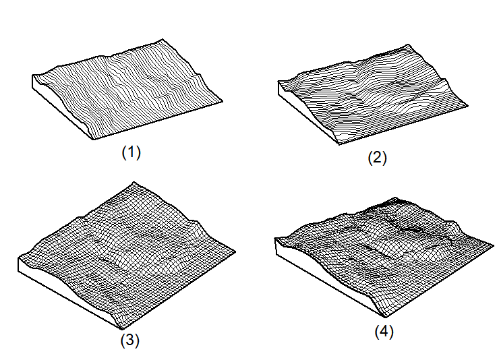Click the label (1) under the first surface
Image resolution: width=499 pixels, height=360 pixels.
pos(131,153)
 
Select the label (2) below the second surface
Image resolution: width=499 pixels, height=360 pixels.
pos(377,159)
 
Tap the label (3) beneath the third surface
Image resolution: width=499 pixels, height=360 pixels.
pos(129,340)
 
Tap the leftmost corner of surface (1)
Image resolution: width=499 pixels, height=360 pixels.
pos(33,78)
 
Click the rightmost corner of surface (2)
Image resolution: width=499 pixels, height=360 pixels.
pos(467,105)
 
